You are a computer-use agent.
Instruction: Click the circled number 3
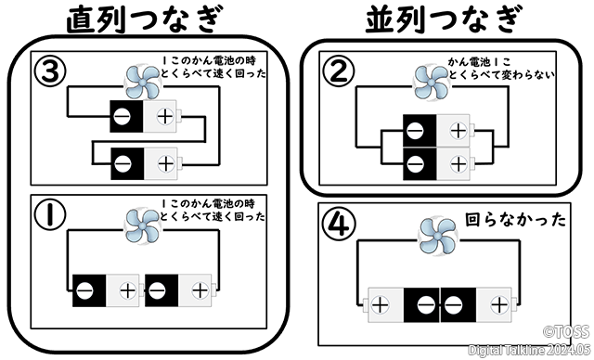pos(50,71)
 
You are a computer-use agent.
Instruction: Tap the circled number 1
pos(49,214)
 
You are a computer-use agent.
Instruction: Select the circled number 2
pos(338,71)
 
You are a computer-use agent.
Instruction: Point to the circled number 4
pos(339,224)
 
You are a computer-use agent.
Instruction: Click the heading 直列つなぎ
pos(144,19)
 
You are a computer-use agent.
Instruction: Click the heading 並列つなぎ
pos(444,19)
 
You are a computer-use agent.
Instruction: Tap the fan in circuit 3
pos(142,83)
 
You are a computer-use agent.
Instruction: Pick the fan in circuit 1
pos(142,225)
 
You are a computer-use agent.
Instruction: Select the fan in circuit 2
pos(432,83)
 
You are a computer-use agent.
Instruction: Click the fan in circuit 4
pos(437,236)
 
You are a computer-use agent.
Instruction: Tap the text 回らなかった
pos(515,220)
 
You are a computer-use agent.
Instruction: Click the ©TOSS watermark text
pos(567,331)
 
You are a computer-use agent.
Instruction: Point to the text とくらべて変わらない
pos(501,74)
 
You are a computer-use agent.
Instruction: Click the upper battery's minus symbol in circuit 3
pos(122,117)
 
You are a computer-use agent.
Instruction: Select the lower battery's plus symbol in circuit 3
pos(165,164)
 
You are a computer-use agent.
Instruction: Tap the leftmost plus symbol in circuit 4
pos(380,304)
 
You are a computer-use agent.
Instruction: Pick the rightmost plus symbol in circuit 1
pos(200,290)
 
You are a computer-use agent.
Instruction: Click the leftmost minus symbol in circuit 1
pos(84,291)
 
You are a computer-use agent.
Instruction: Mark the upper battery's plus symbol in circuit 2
pos(458,131)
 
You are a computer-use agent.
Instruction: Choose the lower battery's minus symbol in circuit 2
pos(415,164)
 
